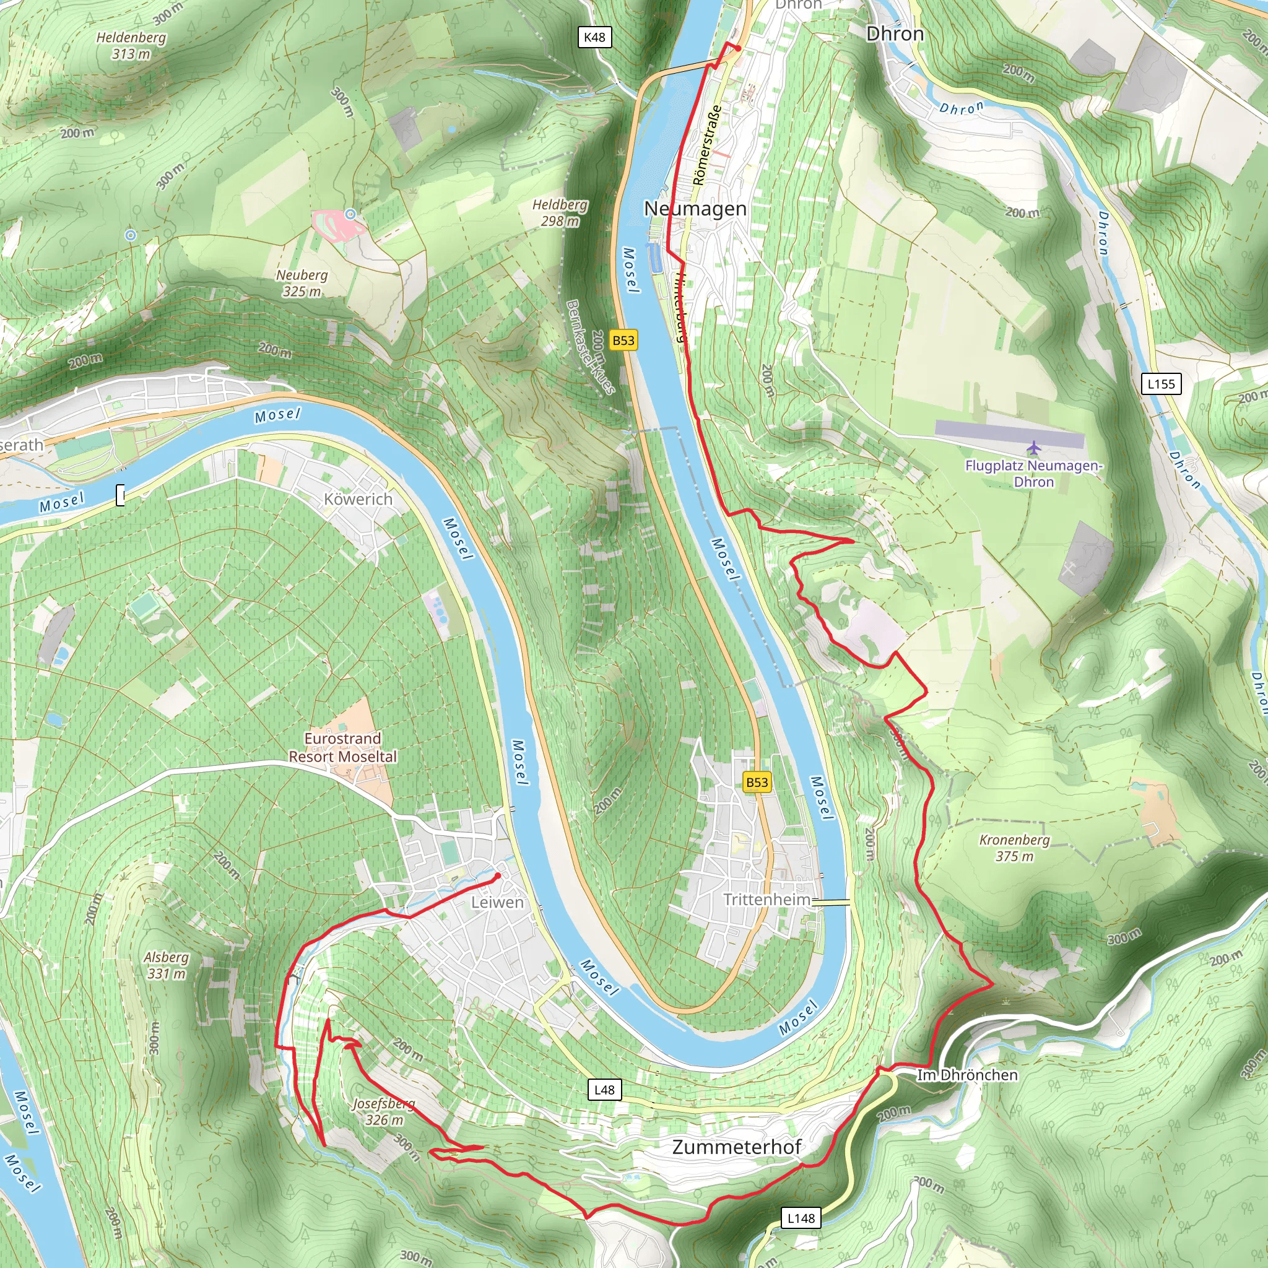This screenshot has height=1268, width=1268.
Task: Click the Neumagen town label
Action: [x=695, y=209]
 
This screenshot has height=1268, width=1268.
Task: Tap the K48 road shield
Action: [x=594, y=37]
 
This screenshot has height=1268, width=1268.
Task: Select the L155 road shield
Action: [x=1161, y=384]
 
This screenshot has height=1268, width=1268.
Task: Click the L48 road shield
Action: [x=604, y=1090]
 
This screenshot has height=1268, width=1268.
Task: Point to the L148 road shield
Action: [x=801, y=1218]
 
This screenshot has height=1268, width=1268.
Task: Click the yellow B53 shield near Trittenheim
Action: [x=757, y=783]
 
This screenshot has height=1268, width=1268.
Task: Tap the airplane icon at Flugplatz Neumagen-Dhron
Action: [x=1035, y=448]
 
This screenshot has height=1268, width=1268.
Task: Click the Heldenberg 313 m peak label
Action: [x=131, y=45]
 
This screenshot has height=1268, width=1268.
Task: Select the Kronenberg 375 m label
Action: [x=1014, y=848]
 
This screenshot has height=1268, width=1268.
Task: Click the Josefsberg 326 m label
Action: [x=384, y=1112]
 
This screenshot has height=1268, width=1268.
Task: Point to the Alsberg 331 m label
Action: [x=167, y=965]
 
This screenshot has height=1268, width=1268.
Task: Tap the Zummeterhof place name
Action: [x=736, y=1147]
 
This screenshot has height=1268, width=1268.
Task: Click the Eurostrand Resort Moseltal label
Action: [x=342, y=747]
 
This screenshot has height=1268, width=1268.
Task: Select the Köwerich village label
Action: [x=358, y=500]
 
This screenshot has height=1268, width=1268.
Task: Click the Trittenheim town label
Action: [x=766, y=899]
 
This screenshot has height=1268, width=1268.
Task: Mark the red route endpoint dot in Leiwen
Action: [x=498, y=876]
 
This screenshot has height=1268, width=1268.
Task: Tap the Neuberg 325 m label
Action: [x=302, y=283]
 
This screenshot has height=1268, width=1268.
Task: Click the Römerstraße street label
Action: [x=707, y=145]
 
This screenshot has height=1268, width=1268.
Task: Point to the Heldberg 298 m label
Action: [x=560, y=212]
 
